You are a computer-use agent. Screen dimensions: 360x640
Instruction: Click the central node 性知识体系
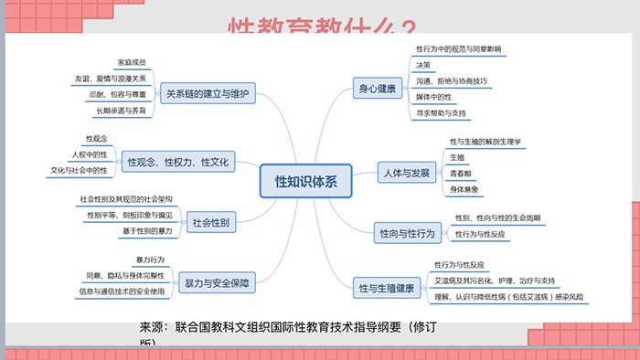coord(306,181)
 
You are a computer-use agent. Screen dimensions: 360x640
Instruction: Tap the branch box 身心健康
coord(377,89)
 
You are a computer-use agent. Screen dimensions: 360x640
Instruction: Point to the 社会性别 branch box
coord(211,221)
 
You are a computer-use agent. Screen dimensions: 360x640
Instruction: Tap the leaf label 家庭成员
coord(132,62)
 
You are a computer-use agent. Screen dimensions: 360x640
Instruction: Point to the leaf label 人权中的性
coord(89,154)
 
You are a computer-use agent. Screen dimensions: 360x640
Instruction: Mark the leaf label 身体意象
coord(464,189)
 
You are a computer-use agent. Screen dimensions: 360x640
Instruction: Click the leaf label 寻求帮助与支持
coord(441,113)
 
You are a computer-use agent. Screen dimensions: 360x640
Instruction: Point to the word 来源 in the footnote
coord(154,327)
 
